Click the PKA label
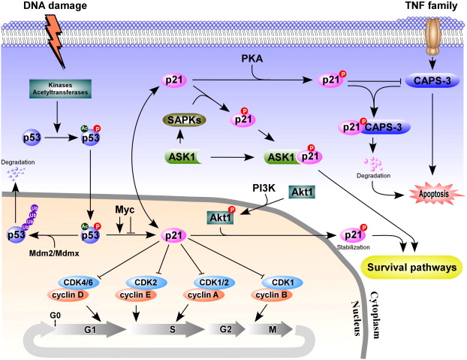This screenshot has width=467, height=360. point(252,58)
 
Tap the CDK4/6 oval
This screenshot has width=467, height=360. point(76,283)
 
